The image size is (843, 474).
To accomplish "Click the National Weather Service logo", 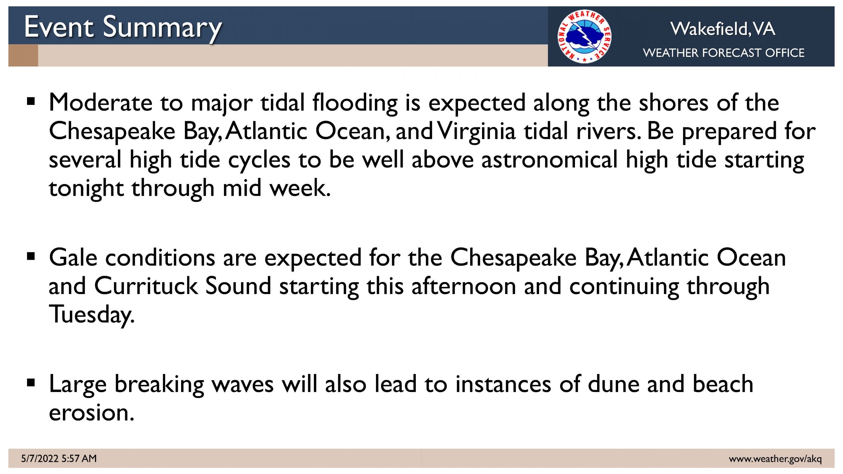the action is pos(585,36).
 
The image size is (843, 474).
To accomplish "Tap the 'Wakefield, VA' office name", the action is pos(723,29).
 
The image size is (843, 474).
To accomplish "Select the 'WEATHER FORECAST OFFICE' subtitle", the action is pos(723,53).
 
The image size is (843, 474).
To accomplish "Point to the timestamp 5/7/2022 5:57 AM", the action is pos(59,458).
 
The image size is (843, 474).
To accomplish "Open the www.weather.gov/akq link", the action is pos(775,459).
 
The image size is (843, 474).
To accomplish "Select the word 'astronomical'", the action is pos(549,160).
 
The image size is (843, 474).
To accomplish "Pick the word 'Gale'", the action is pos(73,257).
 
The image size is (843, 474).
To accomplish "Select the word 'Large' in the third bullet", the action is pos(78,385).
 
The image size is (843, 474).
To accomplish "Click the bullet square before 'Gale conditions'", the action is pos(31,256).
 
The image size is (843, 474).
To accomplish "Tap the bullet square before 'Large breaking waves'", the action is pos(31,383).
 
